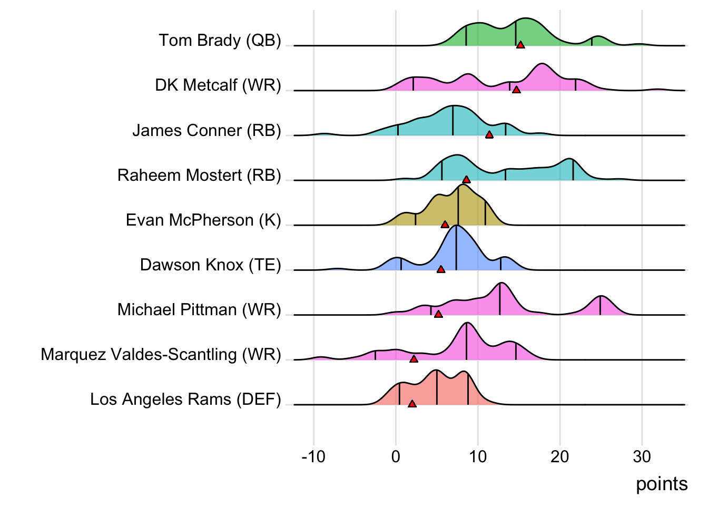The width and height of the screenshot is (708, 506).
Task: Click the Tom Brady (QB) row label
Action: pos(220,41)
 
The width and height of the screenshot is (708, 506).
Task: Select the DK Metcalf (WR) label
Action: pos(218,85)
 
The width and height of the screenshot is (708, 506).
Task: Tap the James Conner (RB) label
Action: pos(206,130)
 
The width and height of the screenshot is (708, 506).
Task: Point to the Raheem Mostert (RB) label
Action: pos(199,175)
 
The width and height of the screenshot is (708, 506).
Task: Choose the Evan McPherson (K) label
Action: pos(203,220)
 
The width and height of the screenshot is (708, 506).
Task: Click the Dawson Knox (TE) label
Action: pos(210,265)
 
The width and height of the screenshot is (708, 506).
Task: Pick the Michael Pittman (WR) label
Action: pos(199,309)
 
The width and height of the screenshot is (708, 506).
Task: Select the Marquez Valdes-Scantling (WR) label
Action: pos(161,354)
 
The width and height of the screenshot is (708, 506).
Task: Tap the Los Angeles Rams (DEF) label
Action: pos(185,399)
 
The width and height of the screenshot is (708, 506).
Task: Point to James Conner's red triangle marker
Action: pos(489,135)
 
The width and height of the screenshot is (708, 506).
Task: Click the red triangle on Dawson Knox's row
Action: pos(441,269)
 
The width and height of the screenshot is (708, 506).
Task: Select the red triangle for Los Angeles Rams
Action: pos(412,404)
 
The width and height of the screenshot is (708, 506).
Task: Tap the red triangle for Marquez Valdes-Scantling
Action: pos(414,359)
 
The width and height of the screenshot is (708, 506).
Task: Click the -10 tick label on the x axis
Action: pos(313,456)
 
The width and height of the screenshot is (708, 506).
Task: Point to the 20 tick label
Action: pos(560,456)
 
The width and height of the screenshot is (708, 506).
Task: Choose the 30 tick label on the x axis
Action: pos(642,456)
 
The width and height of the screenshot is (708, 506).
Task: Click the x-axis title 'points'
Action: pos(662,484)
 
